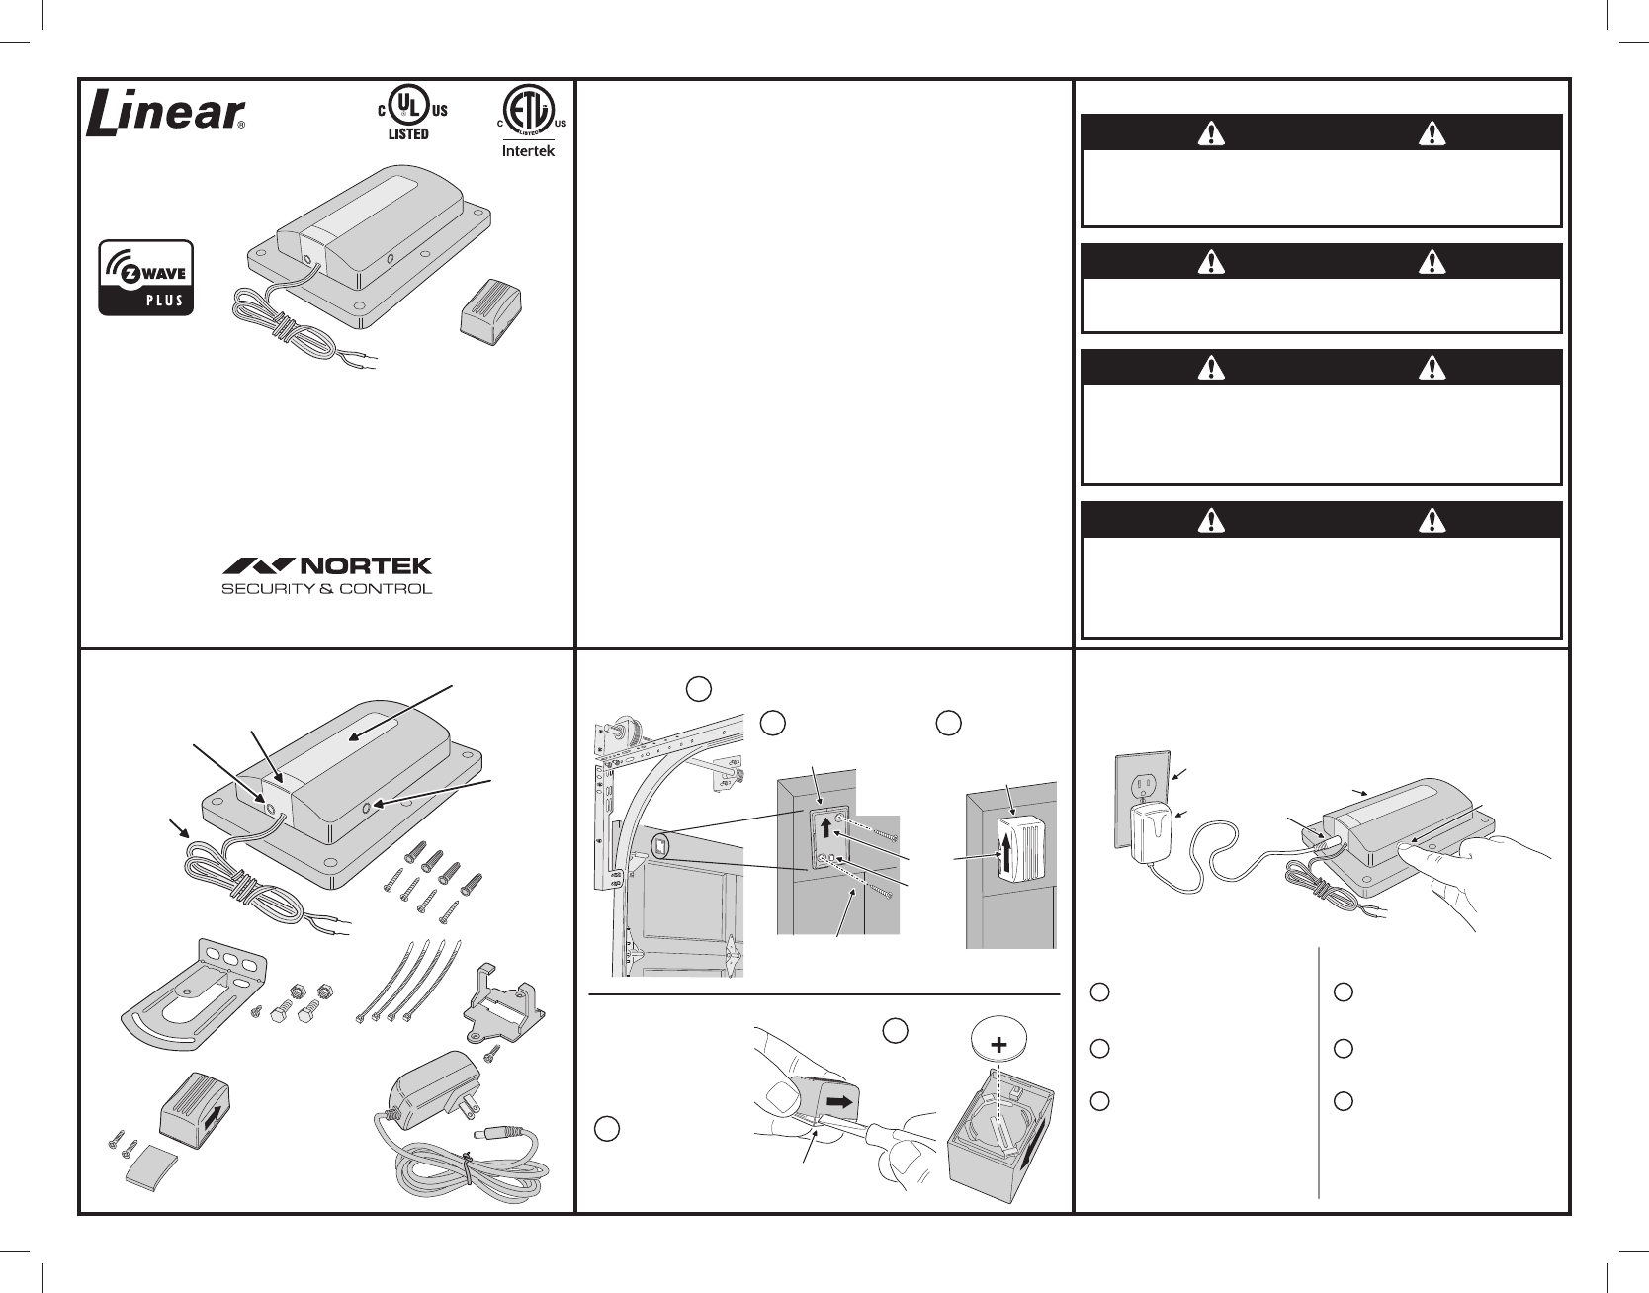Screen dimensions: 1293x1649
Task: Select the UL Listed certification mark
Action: coord(407,111)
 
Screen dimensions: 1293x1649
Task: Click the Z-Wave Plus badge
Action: coord(146,277)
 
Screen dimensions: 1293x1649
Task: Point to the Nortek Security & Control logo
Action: coord(326,575)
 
